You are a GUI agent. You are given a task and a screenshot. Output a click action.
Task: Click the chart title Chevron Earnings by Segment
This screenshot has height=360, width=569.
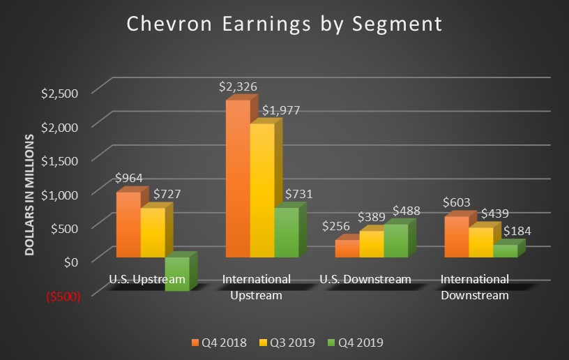tap(284, 24)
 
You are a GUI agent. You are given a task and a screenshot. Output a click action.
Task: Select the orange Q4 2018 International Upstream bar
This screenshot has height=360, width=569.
tap(237, 179)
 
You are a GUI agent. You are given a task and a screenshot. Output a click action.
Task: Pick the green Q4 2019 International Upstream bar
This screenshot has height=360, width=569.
tap(286, 233)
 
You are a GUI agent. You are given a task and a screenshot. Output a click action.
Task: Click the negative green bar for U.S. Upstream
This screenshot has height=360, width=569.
tap(176, 273)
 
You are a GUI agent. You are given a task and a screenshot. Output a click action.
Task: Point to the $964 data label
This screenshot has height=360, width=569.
tap(129, 178)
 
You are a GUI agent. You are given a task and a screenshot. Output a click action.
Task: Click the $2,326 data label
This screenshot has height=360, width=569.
tap(238, 87)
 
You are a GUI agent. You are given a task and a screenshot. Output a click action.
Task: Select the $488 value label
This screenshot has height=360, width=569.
tap(408, 210)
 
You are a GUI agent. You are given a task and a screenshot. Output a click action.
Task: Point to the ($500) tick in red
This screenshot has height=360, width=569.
tap(63, 295)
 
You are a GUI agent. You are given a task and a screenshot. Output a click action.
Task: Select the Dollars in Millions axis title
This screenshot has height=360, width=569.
tap(31, 192)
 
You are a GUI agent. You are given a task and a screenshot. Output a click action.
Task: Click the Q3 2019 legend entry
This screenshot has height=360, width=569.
tap(292, 343)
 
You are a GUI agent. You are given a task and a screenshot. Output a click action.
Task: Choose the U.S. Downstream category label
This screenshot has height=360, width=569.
tap(365, 280)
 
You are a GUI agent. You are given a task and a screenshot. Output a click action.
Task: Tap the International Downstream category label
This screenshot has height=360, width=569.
tap(475, 287)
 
